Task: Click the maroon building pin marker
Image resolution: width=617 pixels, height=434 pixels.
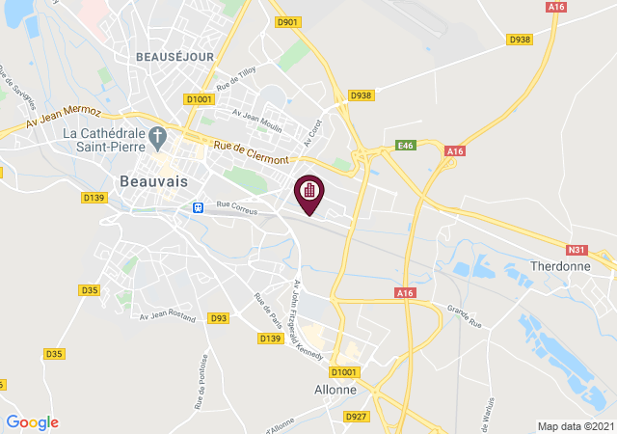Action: pos(308,191)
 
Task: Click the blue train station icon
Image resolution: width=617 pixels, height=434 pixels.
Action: pos(197,207)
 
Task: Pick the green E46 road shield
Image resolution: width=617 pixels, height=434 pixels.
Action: pos(406,146)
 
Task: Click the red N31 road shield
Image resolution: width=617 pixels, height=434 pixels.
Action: pos(576,250)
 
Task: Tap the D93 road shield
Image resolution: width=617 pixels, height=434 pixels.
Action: pos(219,317)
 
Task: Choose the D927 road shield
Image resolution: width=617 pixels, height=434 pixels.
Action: pos(357,416)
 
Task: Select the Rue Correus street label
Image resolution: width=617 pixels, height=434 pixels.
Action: pos(236,204)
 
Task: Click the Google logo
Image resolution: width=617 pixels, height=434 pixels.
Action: pos(32,421)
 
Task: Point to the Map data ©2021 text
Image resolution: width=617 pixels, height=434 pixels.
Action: pos(575,426)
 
